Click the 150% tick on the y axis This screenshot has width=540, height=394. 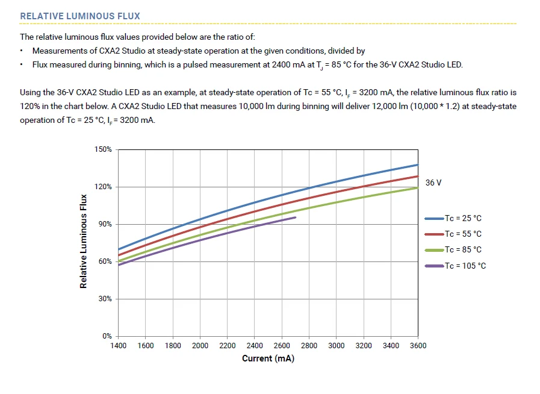(x=103, y=149)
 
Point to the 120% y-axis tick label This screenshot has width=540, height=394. (x=103, y=187)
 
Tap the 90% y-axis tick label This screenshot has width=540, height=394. (x=105, y=224)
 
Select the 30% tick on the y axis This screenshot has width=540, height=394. (x=105, y=299)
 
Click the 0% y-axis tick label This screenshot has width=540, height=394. (x=107, y=336)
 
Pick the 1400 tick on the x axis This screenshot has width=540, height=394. (x=118, y=346)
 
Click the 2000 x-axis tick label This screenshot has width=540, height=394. (x=200, y=346)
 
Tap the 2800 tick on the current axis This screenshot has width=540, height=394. (x=309, y=346)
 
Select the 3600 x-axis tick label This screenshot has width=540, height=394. (x=418, y=346)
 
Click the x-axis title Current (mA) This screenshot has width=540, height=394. (x=268, y=359)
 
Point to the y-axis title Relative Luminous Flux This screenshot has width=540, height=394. (x=84, y=241)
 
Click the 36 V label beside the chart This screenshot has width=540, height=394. (x=433, y=183)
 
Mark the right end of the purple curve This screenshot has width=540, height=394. (x=295, y=217)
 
